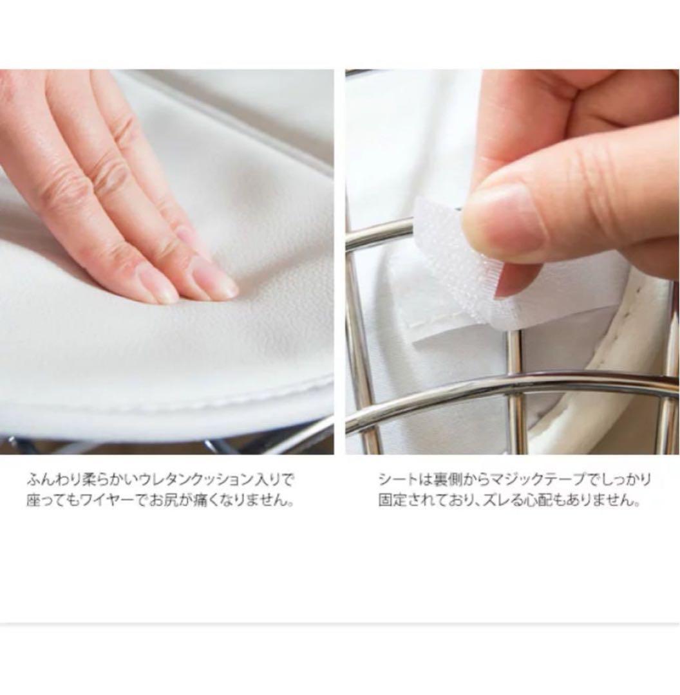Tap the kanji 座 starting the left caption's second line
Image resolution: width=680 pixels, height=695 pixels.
[33, 501]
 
